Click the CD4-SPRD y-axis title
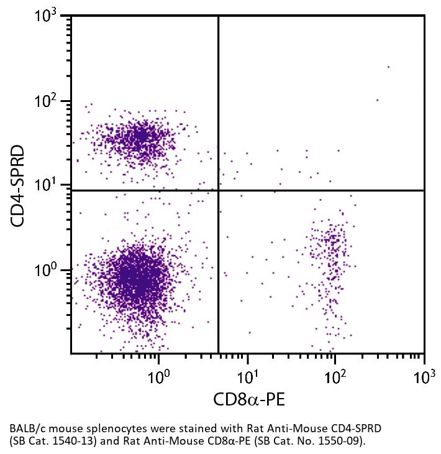pyautogui.click(x=18, y=185)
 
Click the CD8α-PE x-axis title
pyautogui.click(x=249, y=399)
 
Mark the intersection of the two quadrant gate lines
pyautogui.click(x=219, y=190)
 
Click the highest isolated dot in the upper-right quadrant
pyautogui.click(x=389, y=67)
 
